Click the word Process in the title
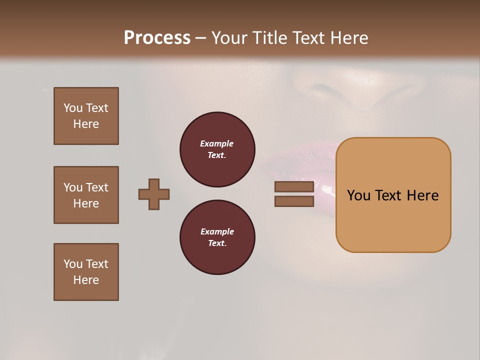click(157, 38)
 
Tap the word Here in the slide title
click(347, 38)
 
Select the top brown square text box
click(86, 116)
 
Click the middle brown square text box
click(86, 195)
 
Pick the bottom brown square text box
click(86, 272)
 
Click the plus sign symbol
click(154, 194)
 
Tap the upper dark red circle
click(217, 149)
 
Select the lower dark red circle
click(217, 237)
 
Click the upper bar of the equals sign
click(294, 187)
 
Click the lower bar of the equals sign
click(294, 201)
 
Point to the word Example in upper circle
click(217, 144)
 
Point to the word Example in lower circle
click(217, 232)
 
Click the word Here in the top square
click(86, 124)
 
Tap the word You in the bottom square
click(73, 264)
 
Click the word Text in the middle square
click(97, 187)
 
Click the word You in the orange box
click(358, 195)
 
